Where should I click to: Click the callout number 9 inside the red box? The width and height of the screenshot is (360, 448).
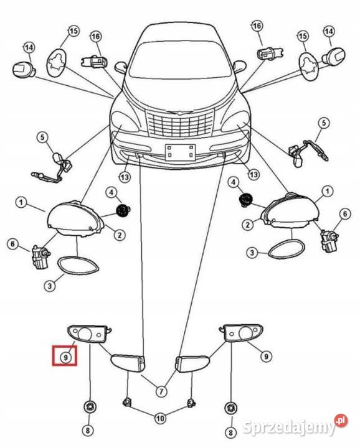coord(65,357)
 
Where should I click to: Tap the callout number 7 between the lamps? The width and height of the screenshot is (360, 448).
coord(161,391)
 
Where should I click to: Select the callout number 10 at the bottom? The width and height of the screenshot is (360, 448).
coord(161,419)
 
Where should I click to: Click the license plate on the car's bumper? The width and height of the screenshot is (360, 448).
coord(180,152)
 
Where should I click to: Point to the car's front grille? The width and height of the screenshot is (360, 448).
coord(180,123)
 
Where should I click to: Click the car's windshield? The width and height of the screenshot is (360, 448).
coord(180,60)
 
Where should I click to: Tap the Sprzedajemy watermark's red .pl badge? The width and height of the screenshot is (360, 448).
coord(341,420)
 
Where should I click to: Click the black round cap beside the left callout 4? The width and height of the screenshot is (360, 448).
coord(123,211)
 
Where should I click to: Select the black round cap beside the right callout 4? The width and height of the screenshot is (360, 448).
coord(245,200)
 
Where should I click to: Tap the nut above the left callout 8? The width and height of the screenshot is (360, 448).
coord(90,406)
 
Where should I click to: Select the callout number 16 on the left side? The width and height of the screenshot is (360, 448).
coord(96,36)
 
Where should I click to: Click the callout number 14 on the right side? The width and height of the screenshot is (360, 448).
coord(329,31)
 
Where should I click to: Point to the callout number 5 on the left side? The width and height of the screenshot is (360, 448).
coord(42,138)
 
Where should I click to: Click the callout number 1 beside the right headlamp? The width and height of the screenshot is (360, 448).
coord(328,191)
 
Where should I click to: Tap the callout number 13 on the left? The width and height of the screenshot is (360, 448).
coord(125,177)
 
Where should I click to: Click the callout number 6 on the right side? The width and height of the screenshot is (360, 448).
coord(345,213)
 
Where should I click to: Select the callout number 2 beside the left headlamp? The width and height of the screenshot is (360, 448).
coord(119,235)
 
